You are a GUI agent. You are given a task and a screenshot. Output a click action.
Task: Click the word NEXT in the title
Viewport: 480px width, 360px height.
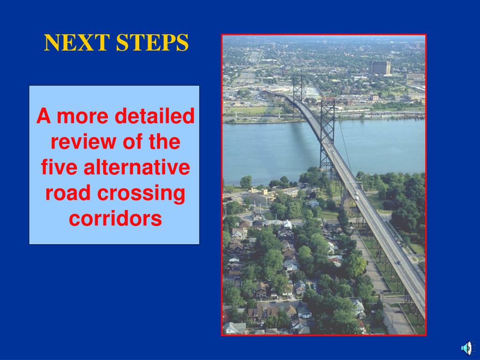(77, 43)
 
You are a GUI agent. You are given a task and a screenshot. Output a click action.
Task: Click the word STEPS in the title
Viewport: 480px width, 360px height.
(152, 43)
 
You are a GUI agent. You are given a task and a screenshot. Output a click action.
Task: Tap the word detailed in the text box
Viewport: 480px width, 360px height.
(155, 116)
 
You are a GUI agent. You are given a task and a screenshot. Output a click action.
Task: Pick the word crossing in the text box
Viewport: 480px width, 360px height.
(142, 194)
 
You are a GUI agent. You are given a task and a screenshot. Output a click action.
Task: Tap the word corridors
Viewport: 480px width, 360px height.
(115, 218)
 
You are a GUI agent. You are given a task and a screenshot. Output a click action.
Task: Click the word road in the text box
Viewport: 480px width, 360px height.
(68, 193)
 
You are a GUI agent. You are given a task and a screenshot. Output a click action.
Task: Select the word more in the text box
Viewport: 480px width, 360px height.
(82, 117)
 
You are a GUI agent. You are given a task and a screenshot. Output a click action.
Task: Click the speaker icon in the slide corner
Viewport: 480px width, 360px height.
(467, 348)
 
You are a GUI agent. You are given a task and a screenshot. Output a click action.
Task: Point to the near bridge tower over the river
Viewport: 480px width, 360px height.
(327, 134)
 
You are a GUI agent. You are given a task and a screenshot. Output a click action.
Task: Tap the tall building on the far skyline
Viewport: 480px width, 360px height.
(379, 67)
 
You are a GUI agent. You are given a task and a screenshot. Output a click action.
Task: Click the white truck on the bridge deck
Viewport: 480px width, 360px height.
(356, 196)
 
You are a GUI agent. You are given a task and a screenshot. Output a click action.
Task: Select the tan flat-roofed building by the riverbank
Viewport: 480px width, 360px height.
(261, 196)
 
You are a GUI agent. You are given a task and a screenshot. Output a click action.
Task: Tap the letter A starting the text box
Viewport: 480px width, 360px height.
(44, 116)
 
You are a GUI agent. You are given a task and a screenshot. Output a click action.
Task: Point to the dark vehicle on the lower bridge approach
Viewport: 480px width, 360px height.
(398, 262)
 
